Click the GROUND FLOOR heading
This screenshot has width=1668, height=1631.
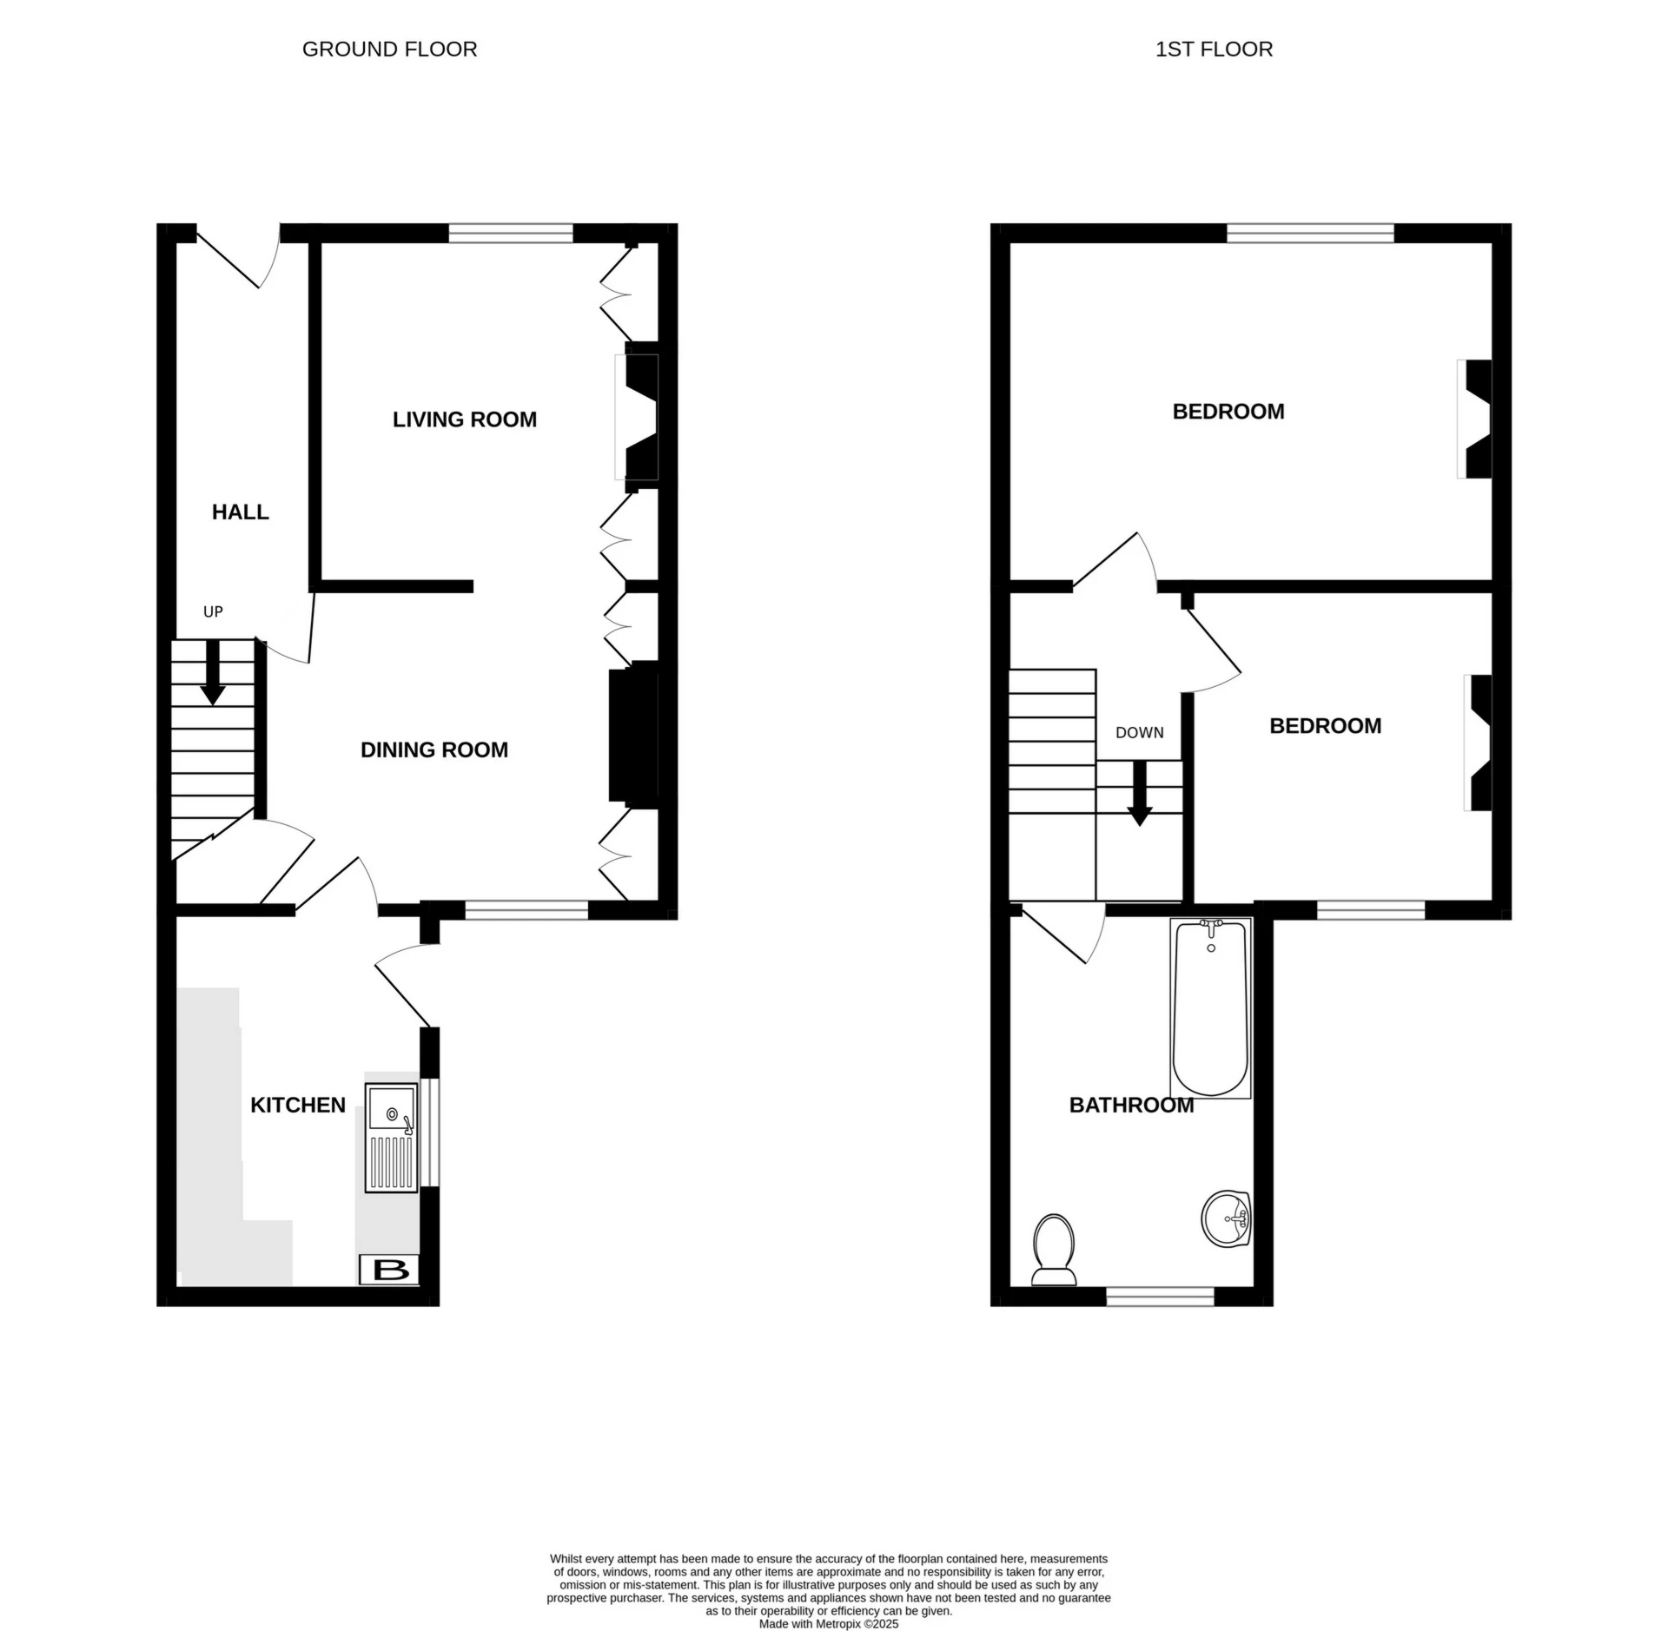(389, 50)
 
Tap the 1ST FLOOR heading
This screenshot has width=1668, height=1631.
(1214, 50)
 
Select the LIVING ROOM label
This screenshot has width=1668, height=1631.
(464, 419)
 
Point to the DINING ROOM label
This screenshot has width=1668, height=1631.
(434, 749)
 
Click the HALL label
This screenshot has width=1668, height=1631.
(240, 512)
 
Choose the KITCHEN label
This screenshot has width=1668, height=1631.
(297, 1105)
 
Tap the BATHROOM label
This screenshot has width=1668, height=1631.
(1130, 1105)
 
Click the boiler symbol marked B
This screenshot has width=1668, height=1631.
(390, 1270)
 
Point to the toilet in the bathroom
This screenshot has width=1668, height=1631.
(1054, 1248)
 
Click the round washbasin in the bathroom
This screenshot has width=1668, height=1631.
(1226, 1218)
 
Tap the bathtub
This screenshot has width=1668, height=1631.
(1210, 1007)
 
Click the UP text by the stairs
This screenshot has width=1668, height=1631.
(213, 611)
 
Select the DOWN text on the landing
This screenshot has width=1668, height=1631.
(1139, 732)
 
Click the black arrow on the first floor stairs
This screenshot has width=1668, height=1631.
(1139, 794)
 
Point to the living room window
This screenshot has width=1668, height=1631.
(511, 233)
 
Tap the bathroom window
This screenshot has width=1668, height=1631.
(1160, 1297)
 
